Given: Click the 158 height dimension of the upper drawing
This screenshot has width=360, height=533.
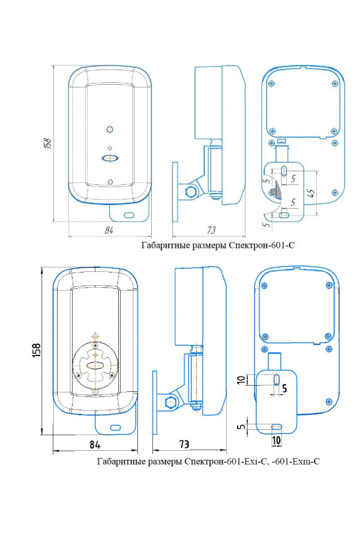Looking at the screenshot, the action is pos(48,143).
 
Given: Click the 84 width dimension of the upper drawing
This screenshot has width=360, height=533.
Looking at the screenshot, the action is pos(109,230).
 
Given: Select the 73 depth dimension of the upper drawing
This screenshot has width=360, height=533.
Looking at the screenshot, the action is pos(211,230).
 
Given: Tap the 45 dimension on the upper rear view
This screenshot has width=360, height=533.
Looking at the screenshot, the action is pos(311,193).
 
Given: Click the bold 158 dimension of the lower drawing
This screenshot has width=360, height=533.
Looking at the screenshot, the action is pos(37,350).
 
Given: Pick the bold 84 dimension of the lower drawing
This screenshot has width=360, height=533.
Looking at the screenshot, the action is pos(95,444).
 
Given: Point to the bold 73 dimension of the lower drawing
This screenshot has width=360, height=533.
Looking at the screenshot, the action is pos(184,444).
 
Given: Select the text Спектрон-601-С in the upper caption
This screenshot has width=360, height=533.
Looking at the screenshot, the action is pos(262,245).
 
